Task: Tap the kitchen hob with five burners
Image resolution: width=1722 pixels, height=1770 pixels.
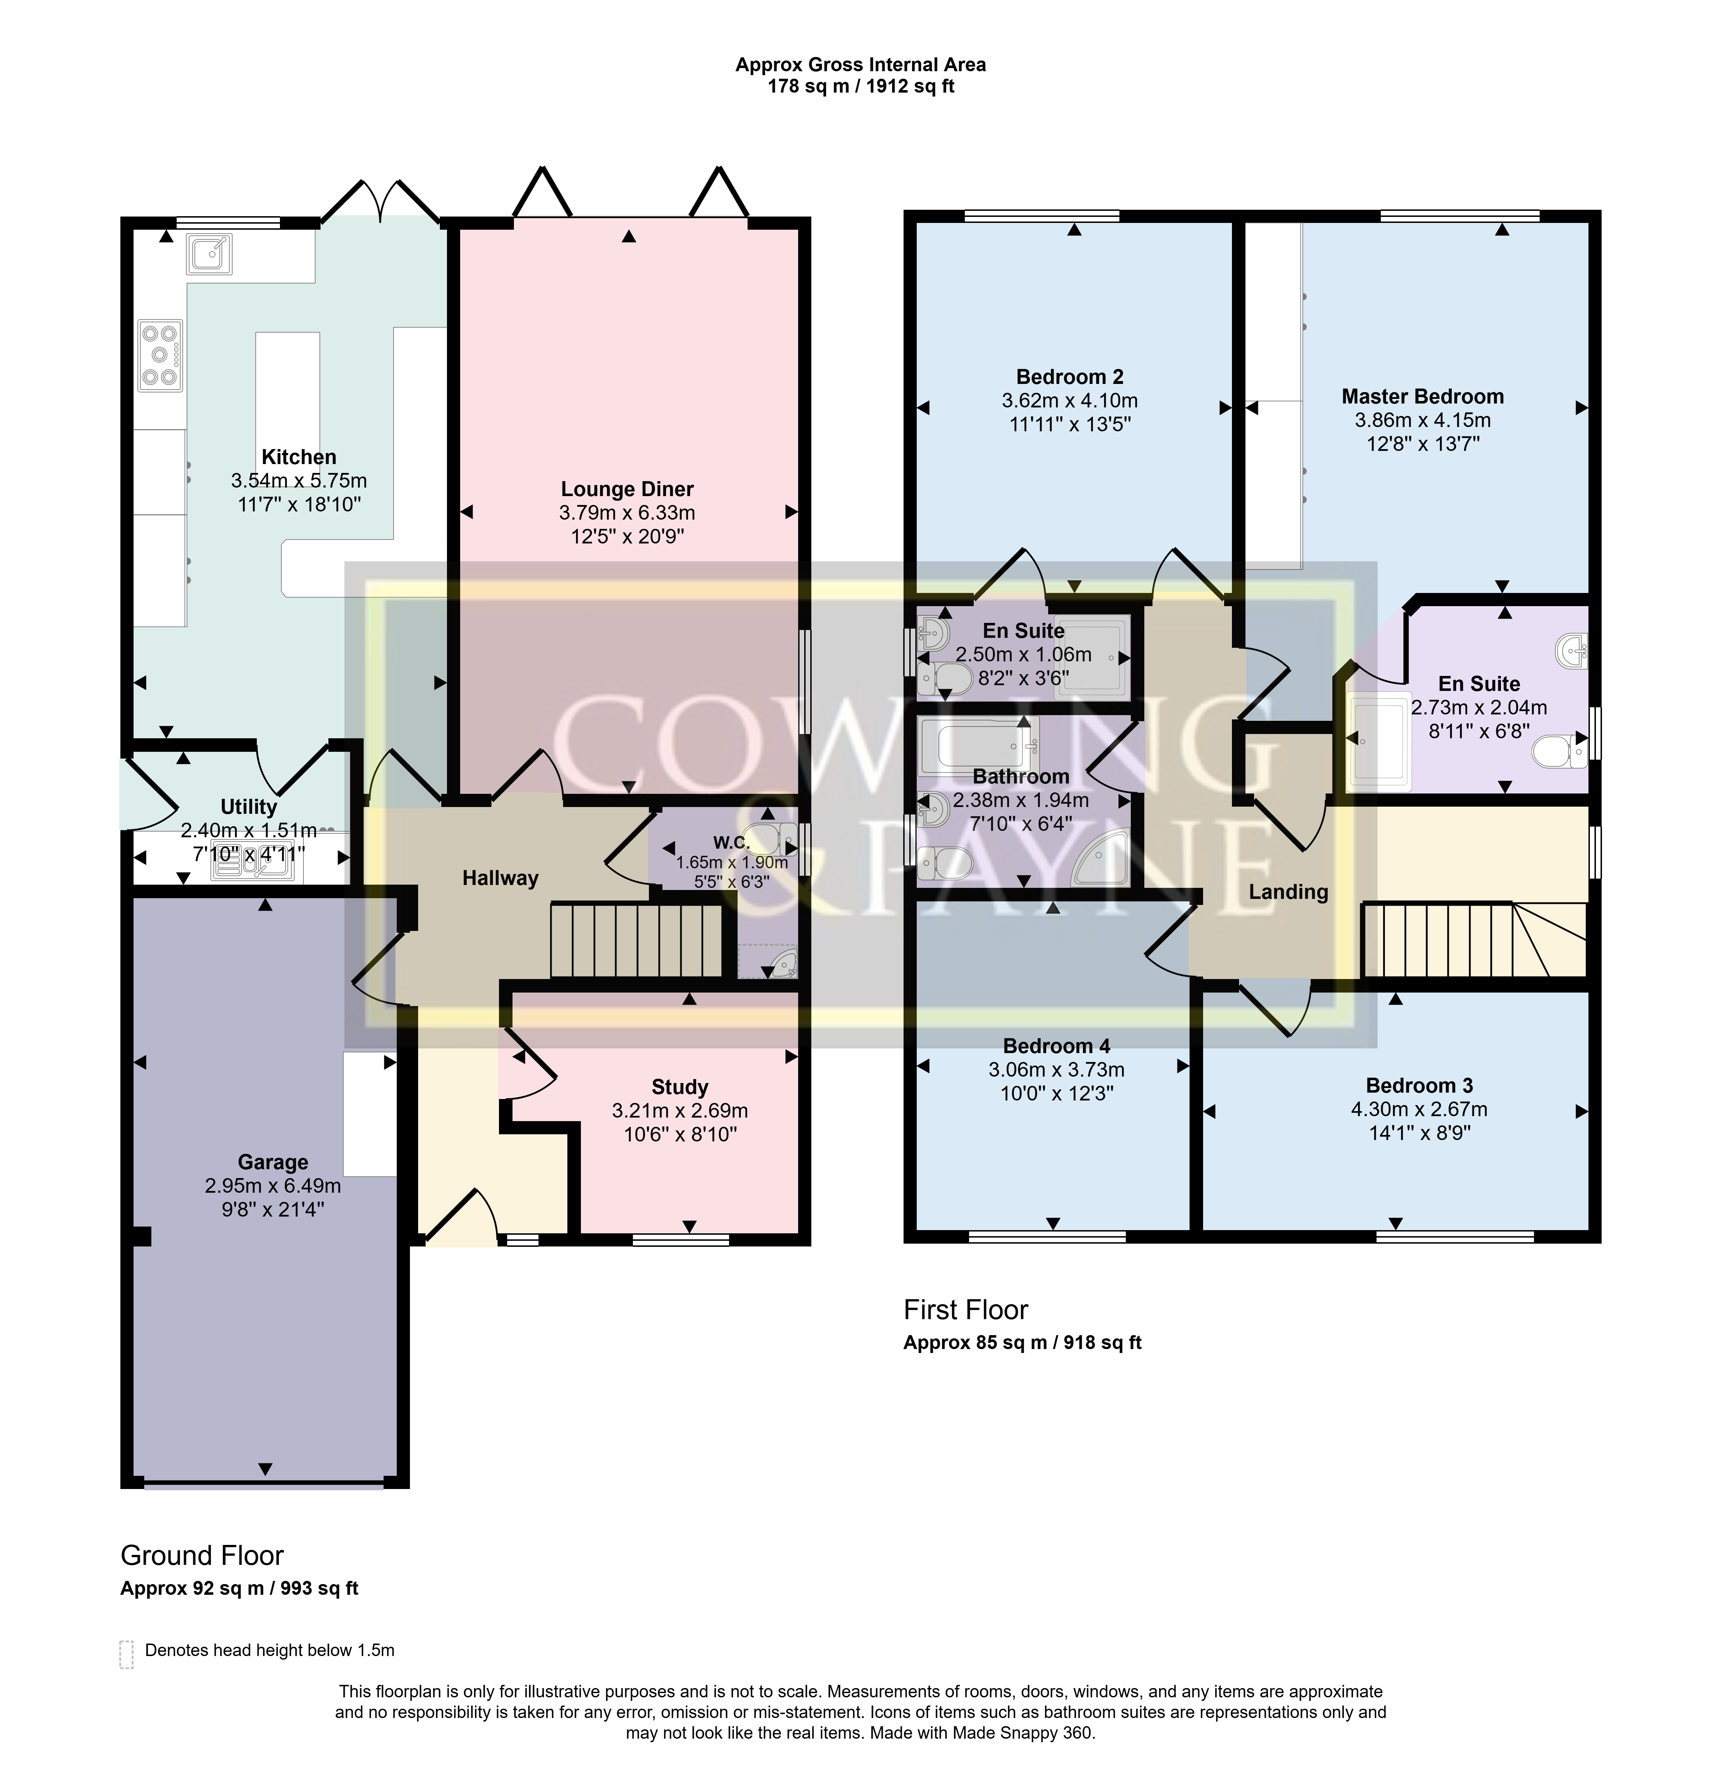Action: [x=160, y=355]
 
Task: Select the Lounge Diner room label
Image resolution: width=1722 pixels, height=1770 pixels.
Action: [x=627, y=489]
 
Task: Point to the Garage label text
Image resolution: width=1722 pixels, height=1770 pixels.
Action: [x=273, y=1162]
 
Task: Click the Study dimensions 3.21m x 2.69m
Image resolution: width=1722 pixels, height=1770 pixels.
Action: [x=680, y=1111]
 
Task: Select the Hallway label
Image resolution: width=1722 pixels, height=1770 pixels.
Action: [x=500, y=878]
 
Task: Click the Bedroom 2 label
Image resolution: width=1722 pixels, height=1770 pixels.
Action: [x=1070, y=377]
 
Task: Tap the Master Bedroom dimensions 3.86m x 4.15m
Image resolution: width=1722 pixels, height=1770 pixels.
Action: [x=1422, y=420]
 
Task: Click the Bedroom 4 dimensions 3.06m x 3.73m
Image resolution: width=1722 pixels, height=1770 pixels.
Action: [x=1056, y=1070]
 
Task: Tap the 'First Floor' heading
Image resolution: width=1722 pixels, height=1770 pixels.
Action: [x=966, y=1310]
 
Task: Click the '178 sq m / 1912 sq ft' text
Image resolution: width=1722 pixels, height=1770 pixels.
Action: [x=861, y=87]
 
